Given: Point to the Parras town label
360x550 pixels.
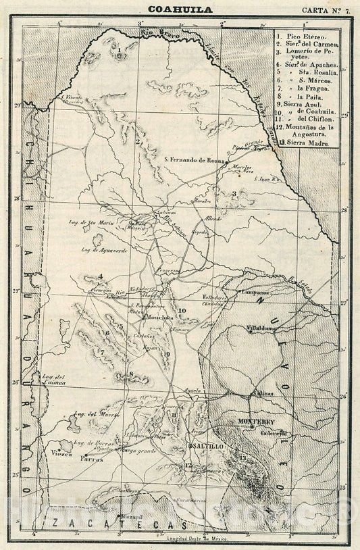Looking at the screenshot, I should (93, 456).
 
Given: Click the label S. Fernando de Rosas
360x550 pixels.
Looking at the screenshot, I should (193, 159).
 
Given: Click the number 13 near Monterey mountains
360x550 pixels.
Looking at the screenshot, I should (242, 459).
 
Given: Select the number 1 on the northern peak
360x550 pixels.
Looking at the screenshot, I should (118, 49).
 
